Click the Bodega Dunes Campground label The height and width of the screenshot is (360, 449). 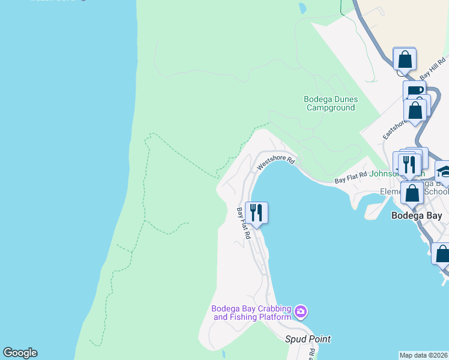[x=330, y=103]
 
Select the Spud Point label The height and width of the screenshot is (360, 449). [x=307, y=339]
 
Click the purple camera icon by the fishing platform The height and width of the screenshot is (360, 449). [x=301, y=311]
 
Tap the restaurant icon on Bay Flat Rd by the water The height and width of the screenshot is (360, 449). [x=256, y=212]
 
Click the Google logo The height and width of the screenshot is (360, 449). [x=20, y=353]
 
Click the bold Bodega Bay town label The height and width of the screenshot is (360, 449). [x=417, y=215]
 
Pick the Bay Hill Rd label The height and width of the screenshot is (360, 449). [x=433, y=68]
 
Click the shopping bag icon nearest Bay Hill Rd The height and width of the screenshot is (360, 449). [x=405, y=59]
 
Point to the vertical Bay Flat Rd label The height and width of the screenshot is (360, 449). [x=243, y=223]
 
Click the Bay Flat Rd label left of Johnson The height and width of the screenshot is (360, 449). [x=351, y=178]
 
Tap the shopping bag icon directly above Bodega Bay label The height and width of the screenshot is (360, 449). [x=412, y=193]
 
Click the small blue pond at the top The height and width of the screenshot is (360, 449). [x=302, y=8]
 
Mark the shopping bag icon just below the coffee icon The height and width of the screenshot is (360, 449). [x=415, y=110]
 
